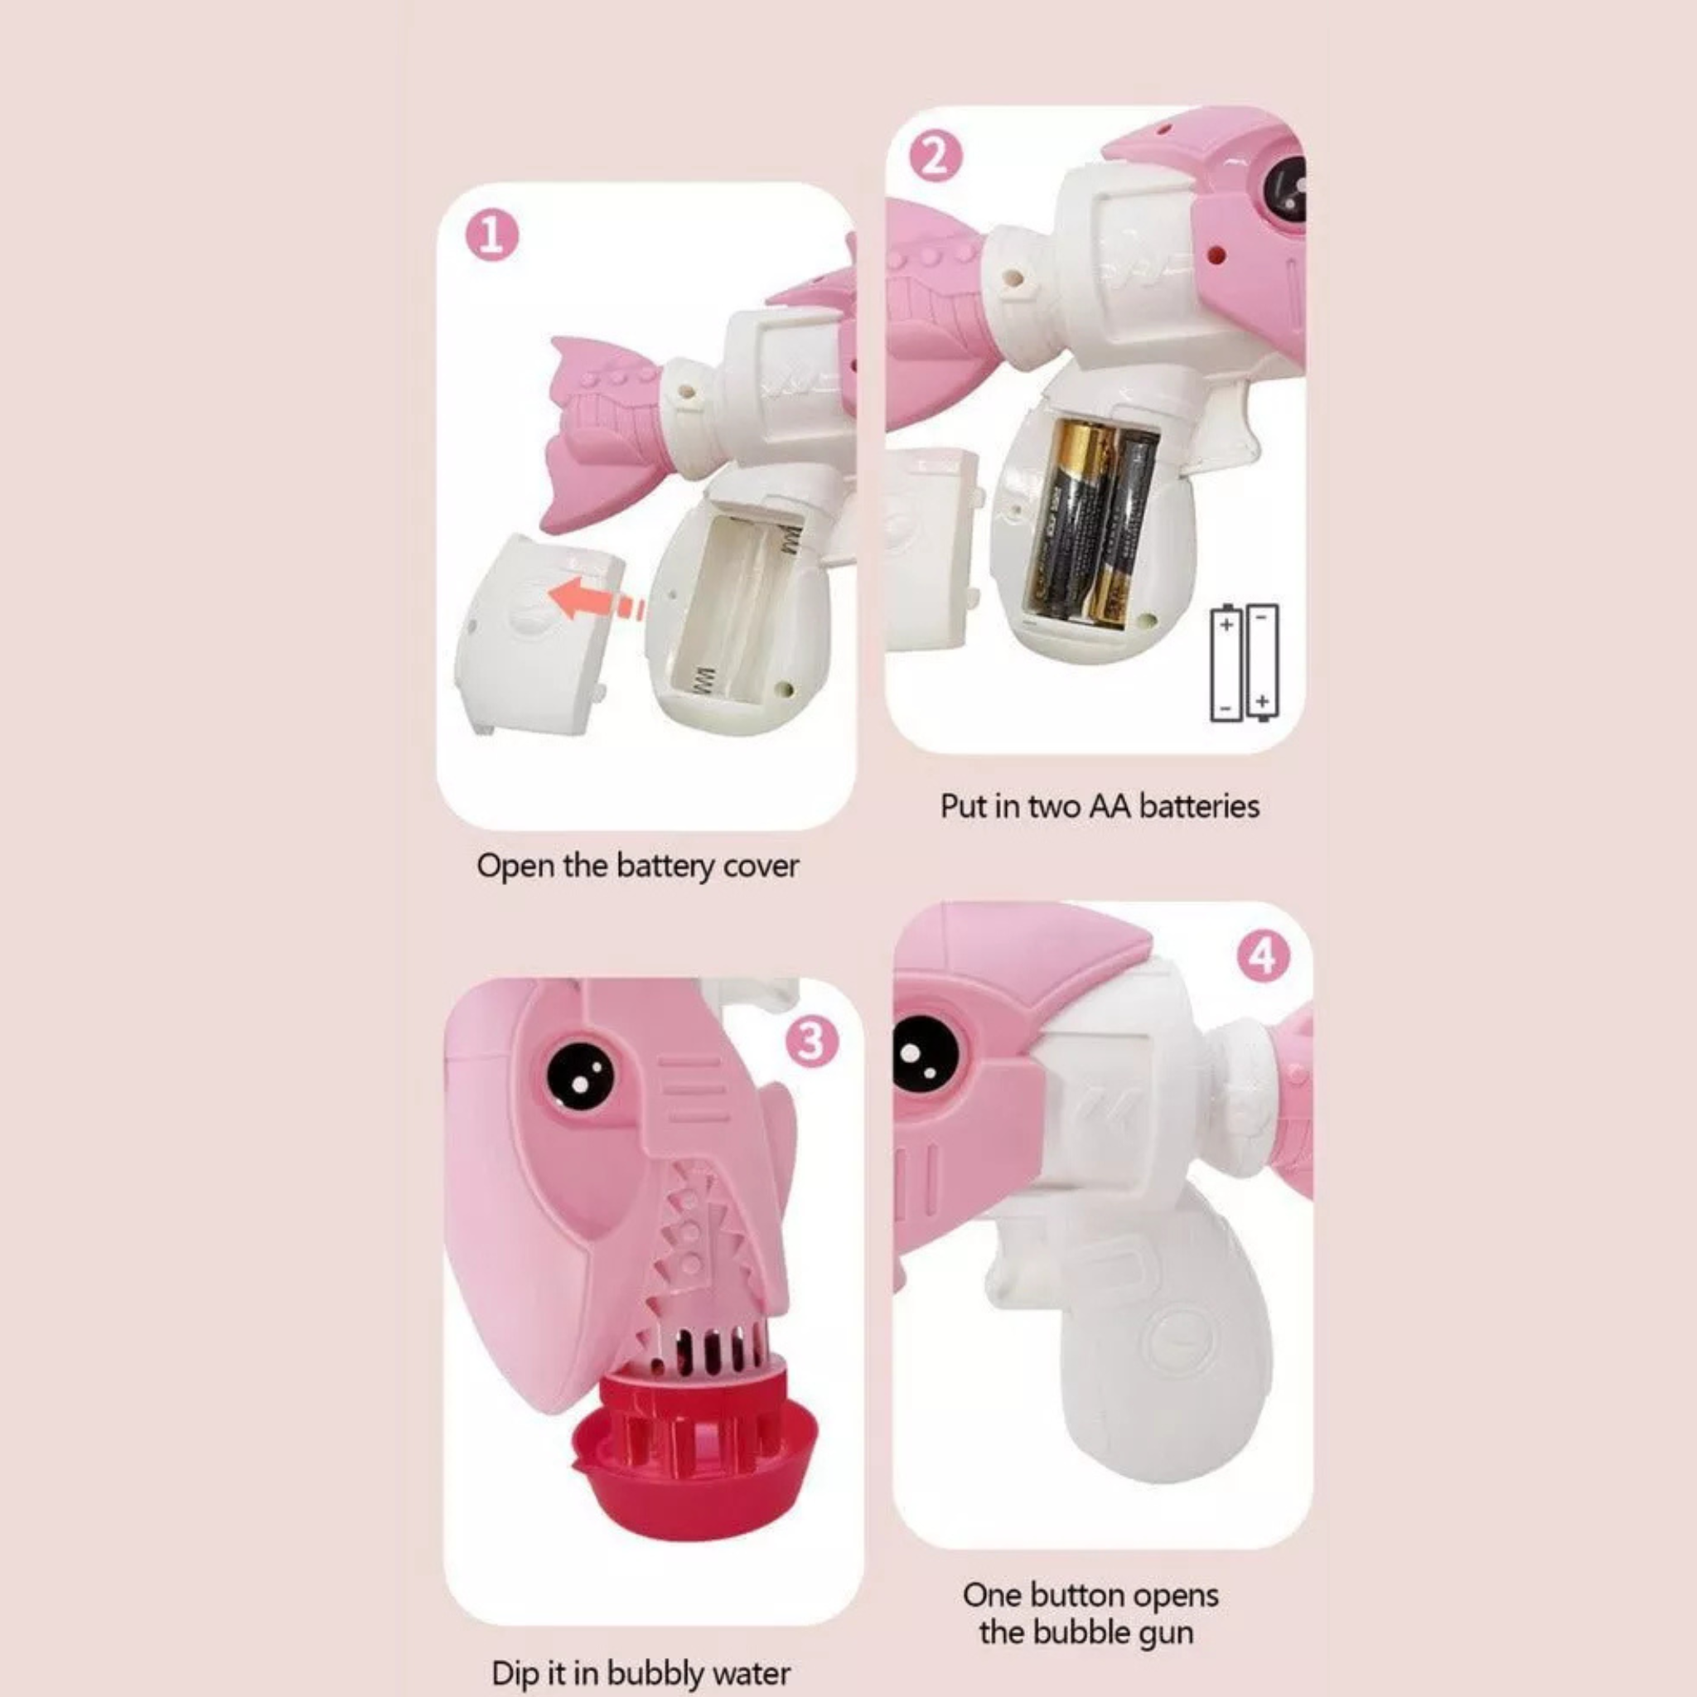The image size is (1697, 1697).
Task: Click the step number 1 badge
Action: pyautogui.click(x=492, y=237)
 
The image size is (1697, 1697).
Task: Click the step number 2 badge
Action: pyautogui.click(x=936, y=159)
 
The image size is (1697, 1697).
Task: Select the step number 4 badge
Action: pyautogui.click(x=1263, y=956)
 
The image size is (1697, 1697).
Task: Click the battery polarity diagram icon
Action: pyautogui.click(x=1245, y=663)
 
